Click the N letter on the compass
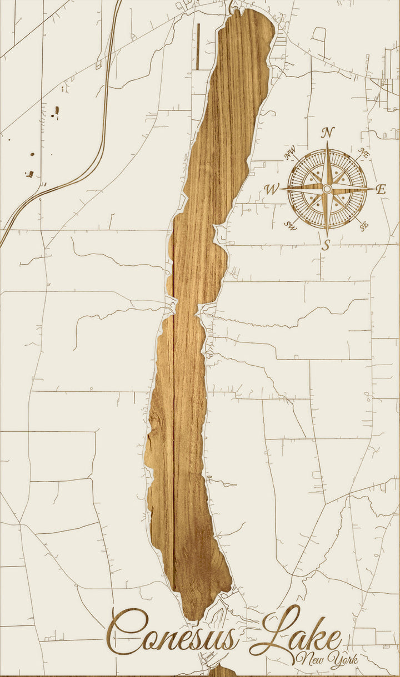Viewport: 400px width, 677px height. tap(328, 132)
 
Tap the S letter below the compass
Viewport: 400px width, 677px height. tap(327, 245)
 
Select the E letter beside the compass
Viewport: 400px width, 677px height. tap(381, 189)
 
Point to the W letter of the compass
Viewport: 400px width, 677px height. tap(272, 190)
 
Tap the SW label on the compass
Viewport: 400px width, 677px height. tap(290, 225)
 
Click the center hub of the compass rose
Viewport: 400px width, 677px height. tap(327, 189)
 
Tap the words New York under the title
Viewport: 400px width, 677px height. tap(328, 659)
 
